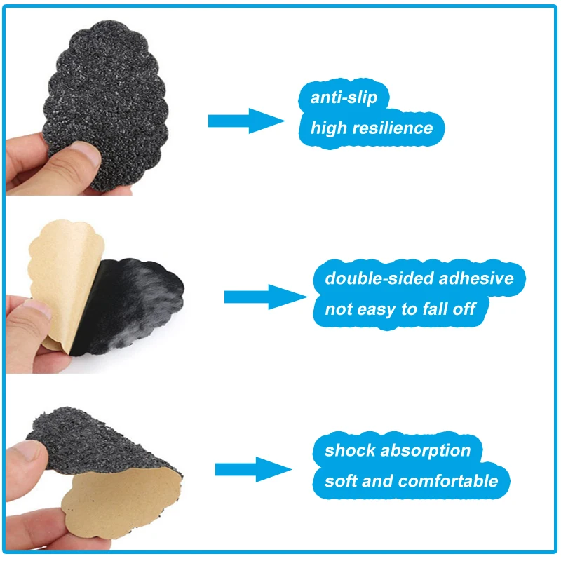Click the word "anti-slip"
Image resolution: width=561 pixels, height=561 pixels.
tap(344, 97)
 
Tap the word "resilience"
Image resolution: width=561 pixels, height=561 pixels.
tap(393, 128)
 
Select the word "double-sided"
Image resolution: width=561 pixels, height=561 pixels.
tap(379, 278)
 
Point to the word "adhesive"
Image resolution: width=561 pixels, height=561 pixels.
tap(476, 278)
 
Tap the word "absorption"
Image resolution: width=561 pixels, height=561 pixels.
tap(426, 451)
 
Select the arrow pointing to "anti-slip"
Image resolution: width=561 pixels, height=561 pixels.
tap(247, 121)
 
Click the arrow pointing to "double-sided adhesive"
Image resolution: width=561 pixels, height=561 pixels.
tap(266, 297)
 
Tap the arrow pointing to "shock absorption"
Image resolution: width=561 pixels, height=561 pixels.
tap(254, 469)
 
